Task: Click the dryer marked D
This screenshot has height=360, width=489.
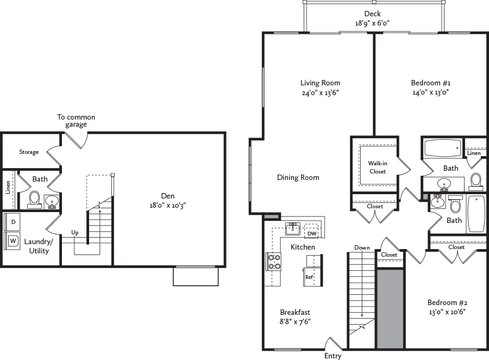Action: point(13,222)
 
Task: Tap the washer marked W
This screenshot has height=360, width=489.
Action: point(13,240)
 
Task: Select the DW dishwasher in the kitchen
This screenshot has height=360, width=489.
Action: point(311,233)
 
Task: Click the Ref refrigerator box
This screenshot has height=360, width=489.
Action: point(309,277)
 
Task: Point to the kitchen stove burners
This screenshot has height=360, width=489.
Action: point(273,262)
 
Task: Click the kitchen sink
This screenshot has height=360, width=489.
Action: point(293,228)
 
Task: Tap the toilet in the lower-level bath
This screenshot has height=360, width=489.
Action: point(35,199)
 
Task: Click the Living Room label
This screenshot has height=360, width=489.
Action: point(320,83)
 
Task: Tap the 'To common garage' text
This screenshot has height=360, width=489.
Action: point(76,121)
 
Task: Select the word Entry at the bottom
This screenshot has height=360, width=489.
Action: point(333,356)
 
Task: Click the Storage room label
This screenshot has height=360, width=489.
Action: point(29,152)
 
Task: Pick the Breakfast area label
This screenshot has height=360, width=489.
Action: point(295,312)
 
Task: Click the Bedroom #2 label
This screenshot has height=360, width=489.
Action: point(447,302)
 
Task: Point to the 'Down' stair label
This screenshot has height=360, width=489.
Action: point(362,247)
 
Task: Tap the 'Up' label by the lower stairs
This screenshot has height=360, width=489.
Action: point(75,232)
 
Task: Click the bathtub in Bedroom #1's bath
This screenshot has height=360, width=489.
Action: point(442,148)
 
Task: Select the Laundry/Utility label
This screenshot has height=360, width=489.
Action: point(38,246)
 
